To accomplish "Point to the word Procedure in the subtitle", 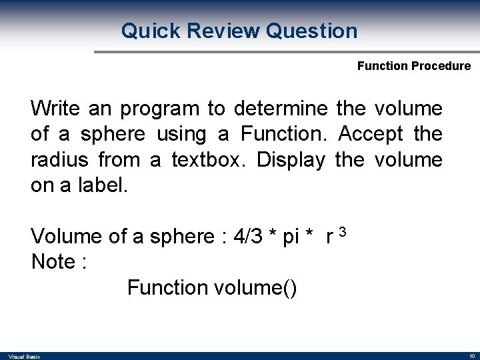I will coord(441,66).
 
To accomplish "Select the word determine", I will coord(281,108).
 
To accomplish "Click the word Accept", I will coord(371,134).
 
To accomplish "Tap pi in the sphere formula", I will coord(291,237).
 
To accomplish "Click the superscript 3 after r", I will coord(342,232).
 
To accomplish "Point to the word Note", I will coord(53,262).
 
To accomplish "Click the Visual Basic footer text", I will coord(24,357).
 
